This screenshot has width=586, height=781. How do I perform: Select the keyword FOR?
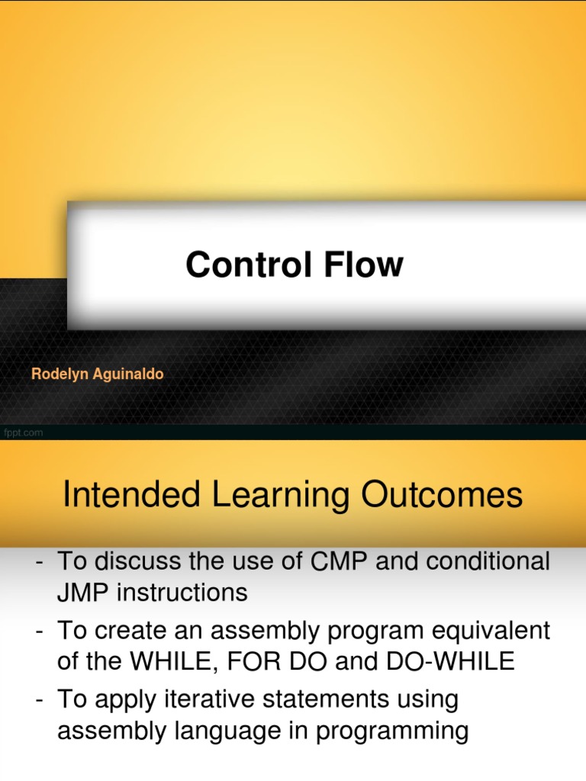[x=258, y=661]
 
